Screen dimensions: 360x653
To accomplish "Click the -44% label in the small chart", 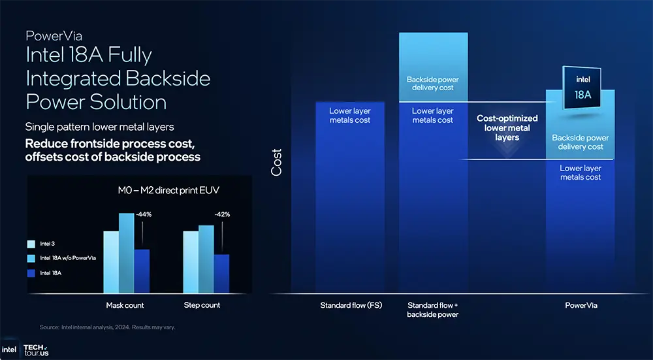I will (x=144, y=214).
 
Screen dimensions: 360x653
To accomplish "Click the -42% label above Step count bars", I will (x=223, y=214).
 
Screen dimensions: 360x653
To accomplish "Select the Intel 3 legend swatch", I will (x=31, y=244).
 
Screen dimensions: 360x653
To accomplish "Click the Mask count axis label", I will (x=125, y=305).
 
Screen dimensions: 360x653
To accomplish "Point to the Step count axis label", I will (x=202, y=305).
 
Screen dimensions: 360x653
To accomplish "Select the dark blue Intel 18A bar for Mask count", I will (x=142, y=271).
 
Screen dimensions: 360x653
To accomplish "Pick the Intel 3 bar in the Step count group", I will (x=190, y=262).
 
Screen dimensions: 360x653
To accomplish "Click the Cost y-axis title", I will (x=277, y=162).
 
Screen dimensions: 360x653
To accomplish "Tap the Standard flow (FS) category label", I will (x=351, y=305).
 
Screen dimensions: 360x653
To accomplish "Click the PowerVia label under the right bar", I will (x=581, y=305).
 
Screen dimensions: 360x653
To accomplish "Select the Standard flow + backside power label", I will (x=433, y=310).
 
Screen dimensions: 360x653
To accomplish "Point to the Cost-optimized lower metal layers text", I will (x=507, y=128).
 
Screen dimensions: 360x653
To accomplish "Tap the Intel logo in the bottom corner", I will (x=10, y=350).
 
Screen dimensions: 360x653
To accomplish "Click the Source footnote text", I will (x=107, y=327).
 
